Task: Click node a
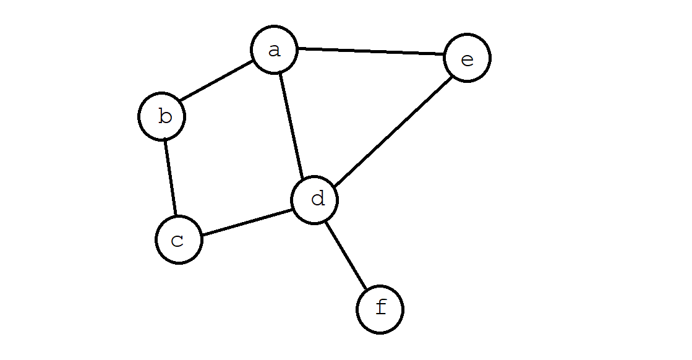point(275,49)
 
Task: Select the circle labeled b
point(162,116)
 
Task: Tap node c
point(179,239)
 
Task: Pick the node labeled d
point(315,200)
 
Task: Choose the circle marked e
point(468,58)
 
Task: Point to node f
point(380,309)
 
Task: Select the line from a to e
point(371,52)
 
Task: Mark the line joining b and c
point(170,178)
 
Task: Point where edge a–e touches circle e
point(444,56)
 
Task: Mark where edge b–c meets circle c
point(176,216)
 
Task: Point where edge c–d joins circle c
point(202,235)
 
